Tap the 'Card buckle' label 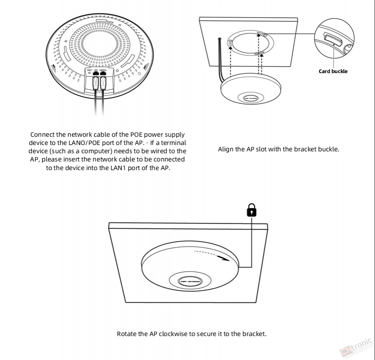pyautogui.click(x=333, y=71)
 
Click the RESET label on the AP pyautogui.click(x=90, y=70)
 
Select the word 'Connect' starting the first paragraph pyautogui.click(x=42, y=134)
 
